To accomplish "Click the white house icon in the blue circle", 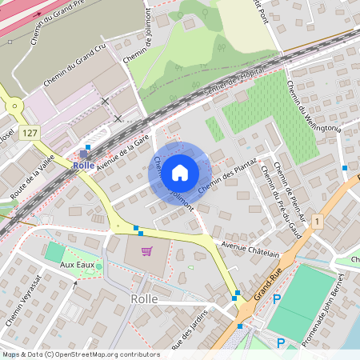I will (180, 172).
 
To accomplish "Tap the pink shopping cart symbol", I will (146, 251).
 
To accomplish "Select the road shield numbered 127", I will (30, 133).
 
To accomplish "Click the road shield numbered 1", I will (318, 220).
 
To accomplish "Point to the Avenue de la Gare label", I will (124, 151).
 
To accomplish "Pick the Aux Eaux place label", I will (78, 264).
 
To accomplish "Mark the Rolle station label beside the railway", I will (83, 165).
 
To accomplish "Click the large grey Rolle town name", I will (143, 298).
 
